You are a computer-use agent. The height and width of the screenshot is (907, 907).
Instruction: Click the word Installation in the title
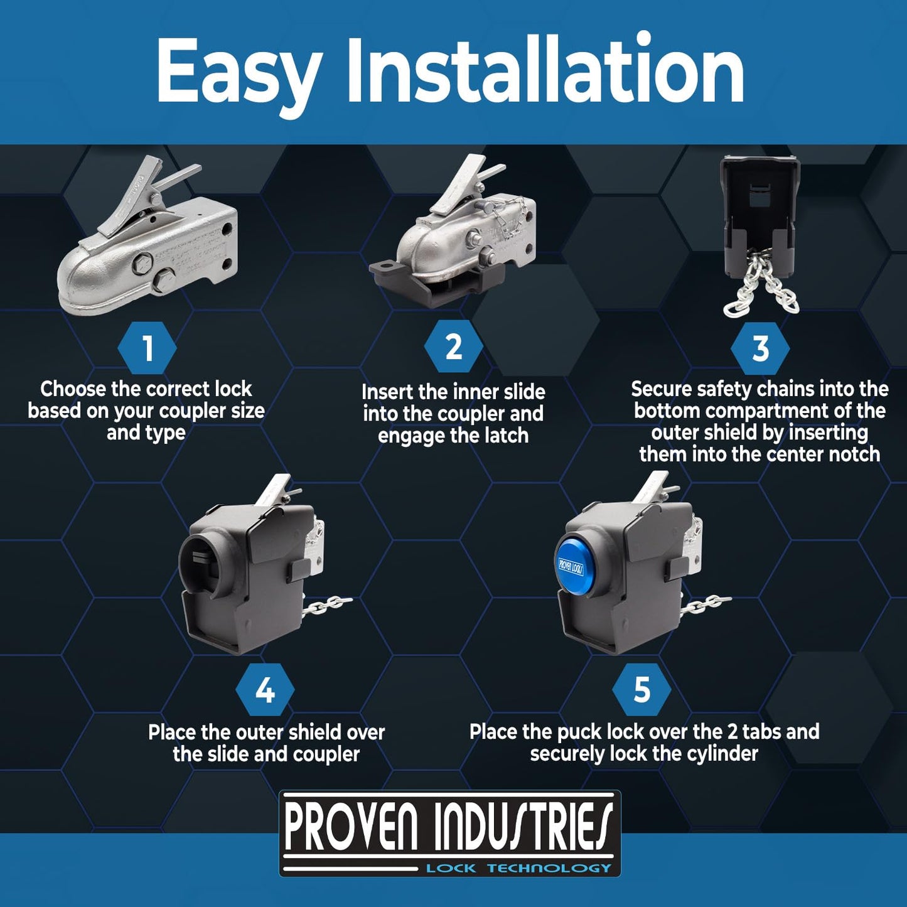tap(545, 68)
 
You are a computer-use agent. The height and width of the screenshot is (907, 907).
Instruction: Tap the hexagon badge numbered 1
tap(148, 348)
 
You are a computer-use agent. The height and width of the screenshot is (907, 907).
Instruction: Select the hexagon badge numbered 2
tap(453, 347)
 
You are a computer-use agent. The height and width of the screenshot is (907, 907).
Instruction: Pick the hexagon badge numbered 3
tap(760, 348)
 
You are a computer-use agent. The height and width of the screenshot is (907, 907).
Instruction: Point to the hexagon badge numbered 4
tap(265, 690)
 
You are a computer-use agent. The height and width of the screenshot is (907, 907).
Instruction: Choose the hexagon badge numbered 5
tap(642, 690)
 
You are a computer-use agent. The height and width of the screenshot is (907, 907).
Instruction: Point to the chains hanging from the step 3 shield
tap(760, 285)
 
